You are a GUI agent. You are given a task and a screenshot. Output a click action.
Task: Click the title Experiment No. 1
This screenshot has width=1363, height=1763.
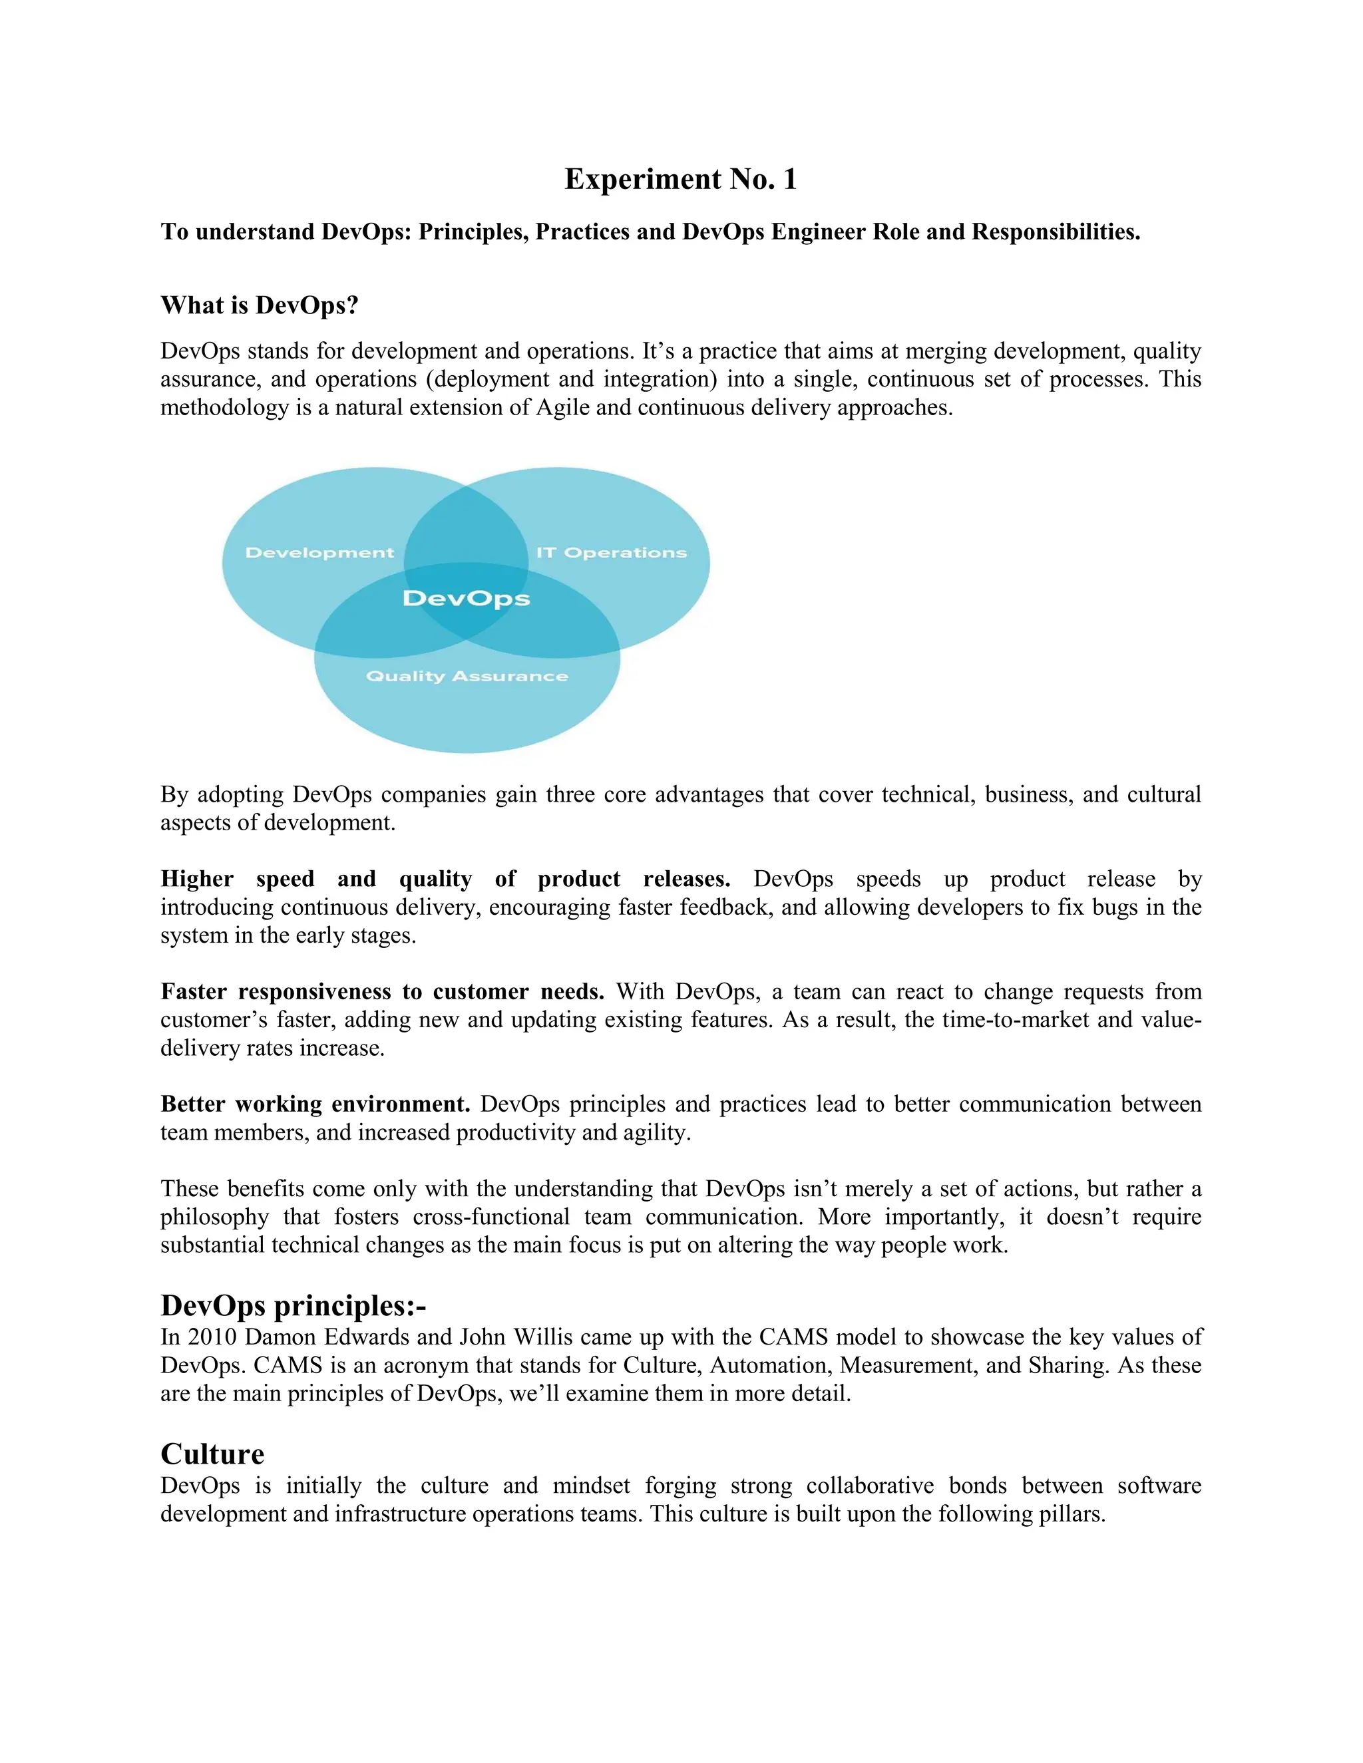(681, 179)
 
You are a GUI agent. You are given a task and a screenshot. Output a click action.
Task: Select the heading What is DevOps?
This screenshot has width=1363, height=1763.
(259, 305)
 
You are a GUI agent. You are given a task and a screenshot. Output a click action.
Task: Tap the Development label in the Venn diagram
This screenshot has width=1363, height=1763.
(319, 553)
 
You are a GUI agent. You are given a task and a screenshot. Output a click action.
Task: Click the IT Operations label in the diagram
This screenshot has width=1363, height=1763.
(611, 553)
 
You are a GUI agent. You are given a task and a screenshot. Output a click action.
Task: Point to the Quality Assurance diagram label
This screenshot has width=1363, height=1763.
(467, 677)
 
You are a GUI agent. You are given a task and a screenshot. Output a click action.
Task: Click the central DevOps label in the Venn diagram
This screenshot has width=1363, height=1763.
(466, 599)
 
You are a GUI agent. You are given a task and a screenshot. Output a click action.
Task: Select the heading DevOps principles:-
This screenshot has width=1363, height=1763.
(293, 1305)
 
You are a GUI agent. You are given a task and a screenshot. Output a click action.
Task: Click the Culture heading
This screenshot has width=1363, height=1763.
(212, 1454)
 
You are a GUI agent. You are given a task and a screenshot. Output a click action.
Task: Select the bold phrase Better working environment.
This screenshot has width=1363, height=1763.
(315, 1104)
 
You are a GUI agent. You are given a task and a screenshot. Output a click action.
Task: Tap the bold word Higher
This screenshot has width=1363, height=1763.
(197, 879)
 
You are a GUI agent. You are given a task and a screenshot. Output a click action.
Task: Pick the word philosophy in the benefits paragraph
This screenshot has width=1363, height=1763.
(215, 1217)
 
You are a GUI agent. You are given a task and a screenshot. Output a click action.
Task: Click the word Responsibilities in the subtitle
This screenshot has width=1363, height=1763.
(1056, 232)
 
